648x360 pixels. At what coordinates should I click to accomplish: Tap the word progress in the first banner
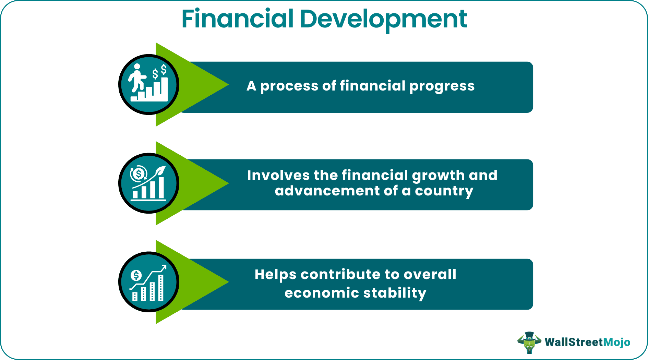pyautogui.click(x=442, y=86)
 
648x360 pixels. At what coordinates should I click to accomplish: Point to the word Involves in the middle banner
pyautogui.click(x=278, y=175)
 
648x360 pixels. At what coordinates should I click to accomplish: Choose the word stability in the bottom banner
pyautogui.click(x=395, y=293)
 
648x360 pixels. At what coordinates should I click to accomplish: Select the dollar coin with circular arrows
pyautogui.click(x=139, y=174)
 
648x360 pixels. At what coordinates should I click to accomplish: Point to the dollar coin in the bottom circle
pyautogui.click(x=136, y=275)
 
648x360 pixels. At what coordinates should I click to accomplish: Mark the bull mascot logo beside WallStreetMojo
pyautogui.click(x=529, y=342)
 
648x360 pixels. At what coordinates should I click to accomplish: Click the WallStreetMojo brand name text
pyautogui.click(x=587, y=342)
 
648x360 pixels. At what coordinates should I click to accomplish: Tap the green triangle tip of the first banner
pyautogui.click(x=228, y=84)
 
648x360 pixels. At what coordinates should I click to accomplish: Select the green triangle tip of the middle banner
pyautogui.click(x=228, y=183)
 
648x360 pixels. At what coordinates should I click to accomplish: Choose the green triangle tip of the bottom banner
pyautogui.click(x=228, y=282)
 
